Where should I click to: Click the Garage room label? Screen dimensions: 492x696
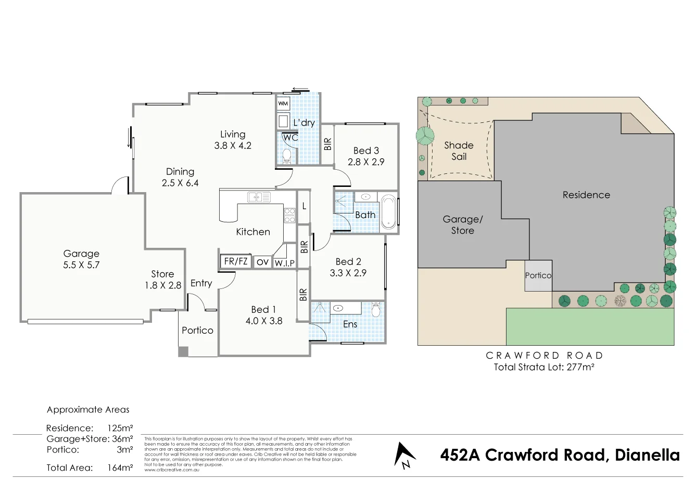click(81, 254)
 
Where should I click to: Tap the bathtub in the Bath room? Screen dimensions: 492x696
click(388, 212)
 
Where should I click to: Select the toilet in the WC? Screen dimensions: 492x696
click(286, 157)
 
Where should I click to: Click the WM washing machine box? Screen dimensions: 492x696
click(283, 103)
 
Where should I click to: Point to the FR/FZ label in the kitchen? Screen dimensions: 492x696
click(236, 261)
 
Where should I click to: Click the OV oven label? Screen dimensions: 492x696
click(262, 262)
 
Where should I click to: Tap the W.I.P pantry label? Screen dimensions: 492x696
click(285, 263)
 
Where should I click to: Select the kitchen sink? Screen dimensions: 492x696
click(259, 197)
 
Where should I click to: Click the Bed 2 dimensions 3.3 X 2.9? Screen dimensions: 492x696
click(348, 273)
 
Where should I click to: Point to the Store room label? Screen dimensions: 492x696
click(162, 274)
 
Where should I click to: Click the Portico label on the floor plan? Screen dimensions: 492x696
click(197, 330)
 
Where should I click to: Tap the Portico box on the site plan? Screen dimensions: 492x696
click(538, 275)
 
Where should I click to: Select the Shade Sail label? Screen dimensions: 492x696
click(459, 150)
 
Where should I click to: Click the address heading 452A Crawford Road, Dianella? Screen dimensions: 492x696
click(560, 455)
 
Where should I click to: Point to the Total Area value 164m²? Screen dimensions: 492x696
click(120, 468)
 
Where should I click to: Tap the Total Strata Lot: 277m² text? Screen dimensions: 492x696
click(544, 367)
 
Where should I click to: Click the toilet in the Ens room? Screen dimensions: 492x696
click(376, 310)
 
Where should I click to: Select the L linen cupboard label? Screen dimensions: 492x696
click(304, 206)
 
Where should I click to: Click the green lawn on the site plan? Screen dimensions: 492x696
click(590, 326)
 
